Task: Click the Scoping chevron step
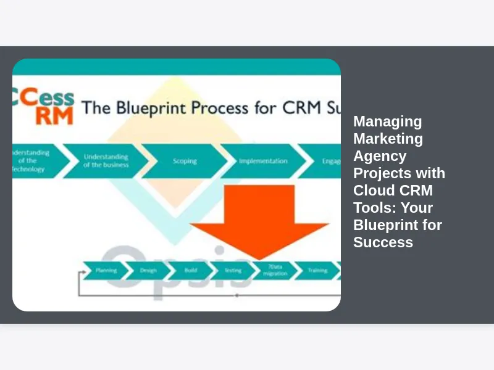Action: click(185, 161)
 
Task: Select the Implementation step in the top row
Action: click(263, 161)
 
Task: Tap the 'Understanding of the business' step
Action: click(106, 161)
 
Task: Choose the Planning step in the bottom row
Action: click(106, 270)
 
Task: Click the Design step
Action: click(148, 270)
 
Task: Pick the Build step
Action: click(190, 270)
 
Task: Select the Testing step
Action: click(232, 270)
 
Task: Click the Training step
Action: click(317, 270)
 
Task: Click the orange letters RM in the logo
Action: click(54, 115)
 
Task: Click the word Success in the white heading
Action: click(383, 242)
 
